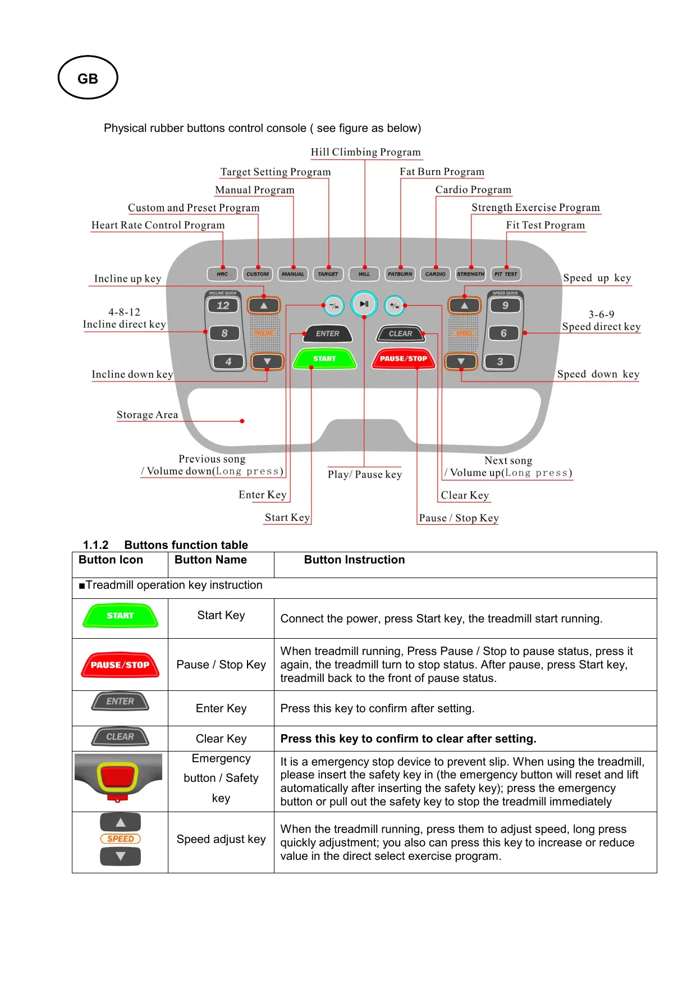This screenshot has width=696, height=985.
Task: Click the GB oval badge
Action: coord(88,78)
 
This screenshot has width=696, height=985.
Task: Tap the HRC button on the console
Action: coord(222,274)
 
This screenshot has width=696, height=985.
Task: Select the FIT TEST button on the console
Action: coord(506,274)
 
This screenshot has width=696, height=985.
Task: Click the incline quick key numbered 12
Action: coord(223,305)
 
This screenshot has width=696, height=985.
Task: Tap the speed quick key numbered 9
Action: coord(505,305)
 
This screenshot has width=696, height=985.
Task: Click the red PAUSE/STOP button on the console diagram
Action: coord(404,359)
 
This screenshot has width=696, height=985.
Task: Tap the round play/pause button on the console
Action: coord(364,304)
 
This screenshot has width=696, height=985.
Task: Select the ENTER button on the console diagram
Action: coord(327,333)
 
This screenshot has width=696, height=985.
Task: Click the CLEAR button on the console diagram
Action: coord(400,333)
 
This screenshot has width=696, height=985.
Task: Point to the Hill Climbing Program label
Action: coord(365,152)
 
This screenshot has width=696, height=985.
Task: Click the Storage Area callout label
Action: coord(147,415)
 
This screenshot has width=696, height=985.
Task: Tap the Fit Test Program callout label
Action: coord(545,225)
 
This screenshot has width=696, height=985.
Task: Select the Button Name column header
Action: coord(210,560)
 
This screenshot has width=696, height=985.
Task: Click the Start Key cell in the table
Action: coord(221,615)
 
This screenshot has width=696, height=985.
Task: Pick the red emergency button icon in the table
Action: coord(118,777)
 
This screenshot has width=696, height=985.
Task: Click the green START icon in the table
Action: coord(120,616)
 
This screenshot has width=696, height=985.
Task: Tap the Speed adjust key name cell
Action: coord(221,839)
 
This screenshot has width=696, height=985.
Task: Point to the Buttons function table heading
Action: coord(186,545)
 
